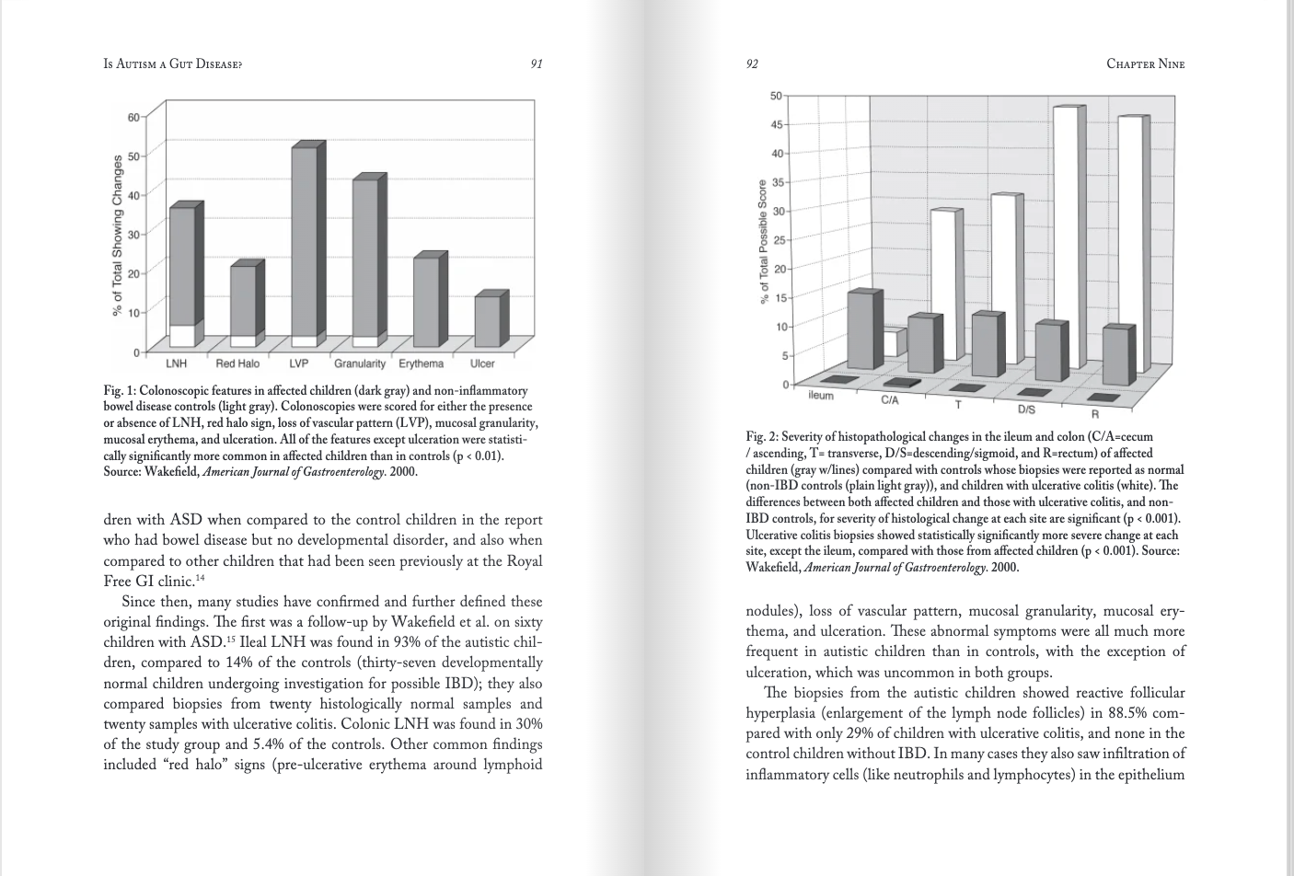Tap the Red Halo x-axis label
(237, 364)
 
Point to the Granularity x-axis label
(360, 364)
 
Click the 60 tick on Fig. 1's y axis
(133, 118)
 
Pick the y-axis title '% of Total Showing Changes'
(118, 236)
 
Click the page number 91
(537, 63)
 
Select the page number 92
(752, 63)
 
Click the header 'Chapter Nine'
(1145, 63)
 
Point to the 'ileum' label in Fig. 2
(820, 396)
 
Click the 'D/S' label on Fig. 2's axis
(1025, 409)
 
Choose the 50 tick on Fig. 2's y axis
(776, 96)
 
